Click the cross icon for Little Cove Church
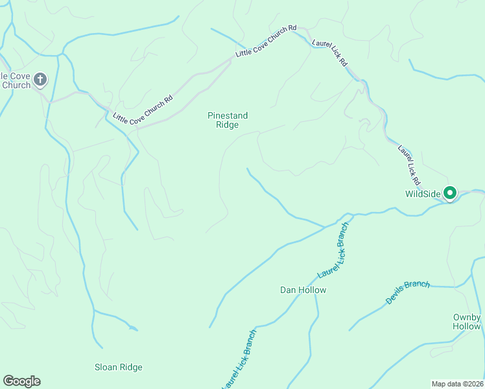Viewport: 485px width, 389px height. click(x=40, y=79)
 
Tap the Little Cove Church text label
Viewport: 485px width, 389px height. click(x=14, y=80)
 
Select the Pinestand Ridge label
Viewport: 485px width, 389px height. click(x=228, y=120)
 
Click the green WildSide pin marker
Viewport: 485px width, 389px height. click(x=449, y=193)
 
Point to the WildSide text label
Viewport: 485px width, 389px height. click(x=423, y=194)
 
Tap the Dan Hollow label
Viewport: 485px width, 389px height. click(x=303, y=290)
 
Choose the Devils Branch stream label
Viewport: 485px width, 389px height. click(x=407, y=292)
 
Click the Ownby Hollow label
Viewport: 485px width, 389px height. click(x=467, y=322)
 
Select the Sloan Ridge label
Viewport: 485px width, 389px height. click(x=118, y=367)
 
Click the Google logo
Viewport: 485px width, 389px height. click(x=21, y=381)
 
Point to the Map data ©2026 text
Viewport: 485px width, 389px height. click(x=457, y=383)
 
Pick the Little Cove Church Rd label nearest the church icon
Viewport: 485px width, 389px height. click(x=143, y=110)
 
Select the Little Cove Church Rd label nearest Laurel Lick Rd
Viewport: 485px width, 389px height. click(x=266, y=41)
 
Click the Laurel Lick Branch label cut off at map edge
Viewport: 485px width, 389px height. click(x=239, y=360)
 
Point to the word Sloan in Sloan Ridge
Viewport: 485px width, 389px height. click(x=106, y=367)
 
